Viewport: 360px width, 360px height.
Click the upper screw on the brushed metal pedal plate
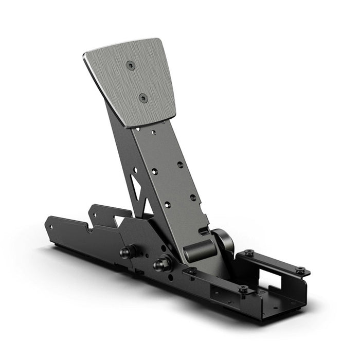coord(131,65)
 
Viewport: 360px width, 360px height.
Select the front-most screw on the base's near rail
coord(243,289)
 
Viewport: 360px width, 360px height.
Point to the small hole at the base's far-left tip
coord(50,224)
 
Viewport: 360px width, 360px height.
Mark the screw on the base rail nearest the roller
coord(191,270)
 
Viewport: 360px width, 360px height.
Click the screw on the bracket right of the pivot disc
coord(249,253)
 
